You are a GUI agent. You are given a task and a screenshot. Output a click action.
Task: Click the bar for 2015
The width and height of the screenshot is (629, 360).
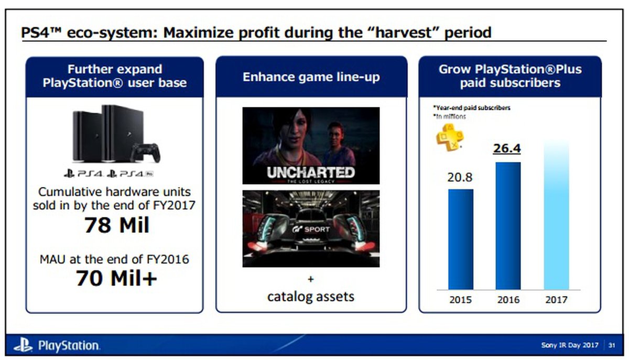461,239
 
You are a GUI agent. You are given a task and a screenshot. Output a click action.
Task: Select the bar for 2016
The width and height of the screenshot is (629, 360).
508,226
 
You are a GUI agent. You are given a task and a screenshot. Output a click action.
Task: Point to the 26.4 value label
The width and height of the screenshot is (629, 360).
507,148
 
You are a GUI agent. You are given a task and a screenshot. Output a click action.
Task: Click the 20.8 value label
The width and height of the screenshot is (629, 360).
460,177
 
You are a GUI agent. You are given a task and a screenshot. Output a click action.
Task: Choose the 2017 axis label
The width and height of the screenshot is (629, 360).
556,300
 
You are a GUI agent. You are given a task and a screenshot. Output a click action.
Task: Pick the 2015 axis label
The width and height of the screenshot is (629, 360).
461,300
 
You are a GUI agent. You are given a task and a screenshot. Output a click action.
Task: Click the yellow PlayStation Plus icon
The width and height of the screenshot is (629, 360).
450,138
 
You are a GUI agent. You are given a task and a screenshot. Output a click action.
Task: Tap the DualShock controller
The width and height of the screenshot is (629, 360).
145,152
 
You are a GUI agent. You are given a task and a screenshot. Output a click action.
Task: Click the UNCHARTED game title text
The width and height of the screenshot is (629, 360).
311,172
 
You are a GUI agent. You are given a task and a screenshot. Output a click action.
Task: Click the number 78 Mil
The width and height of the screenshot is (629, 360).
117,225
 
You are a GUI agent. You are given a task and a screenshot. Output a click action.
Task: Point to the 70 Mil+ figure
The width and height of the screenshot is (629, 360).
116,278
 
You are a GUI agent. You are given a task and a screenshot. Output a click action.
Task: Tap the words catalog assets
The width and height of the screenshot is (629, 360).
311,297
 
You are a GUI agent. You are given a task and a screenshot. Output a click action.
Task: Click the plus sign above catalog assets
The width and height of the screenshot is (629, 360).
310,279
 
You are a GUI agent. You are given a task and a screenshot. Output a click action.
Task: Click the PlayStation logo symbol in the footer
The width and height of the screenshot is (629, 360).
23,345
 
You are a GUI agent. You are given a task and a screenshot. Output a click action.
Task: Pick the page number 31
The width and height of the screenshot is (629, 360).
612,345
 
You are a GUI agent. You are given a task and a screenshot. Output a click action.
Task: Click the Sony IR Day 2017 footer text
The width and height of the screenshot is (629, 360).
570,345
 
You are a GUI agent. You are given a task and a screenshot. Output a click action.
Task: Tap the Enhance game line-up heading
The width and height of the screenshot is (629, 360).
311,77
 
